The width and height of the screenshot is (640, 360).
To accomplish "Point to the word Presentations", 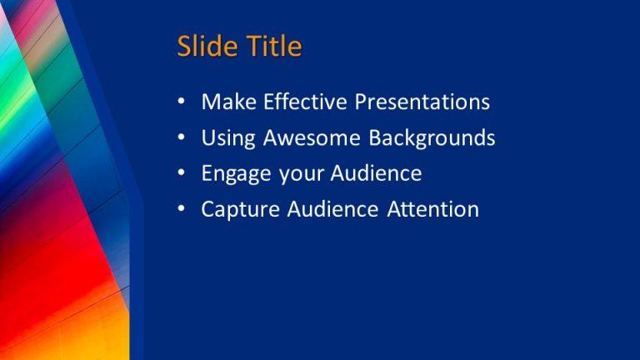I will (x=422, y=102).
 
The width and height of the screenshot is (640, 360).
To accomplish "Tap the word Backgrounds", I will (x=432, y=138).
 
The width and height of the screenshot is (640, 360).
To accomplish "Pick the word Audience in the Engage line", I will (x=377, y=173).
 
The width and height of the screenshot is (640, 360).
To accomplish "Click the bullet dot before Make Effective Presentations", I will (x=182, y=103).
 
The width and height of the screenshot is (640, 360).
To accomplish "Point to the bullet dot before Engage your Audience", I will (x=182, y=174).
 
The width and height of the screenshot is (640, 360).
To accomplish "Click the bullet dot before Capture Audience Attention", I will (x=182, y=210).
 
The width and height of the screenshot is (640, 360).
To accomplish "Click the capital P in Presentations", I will (x=362, y=102).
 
